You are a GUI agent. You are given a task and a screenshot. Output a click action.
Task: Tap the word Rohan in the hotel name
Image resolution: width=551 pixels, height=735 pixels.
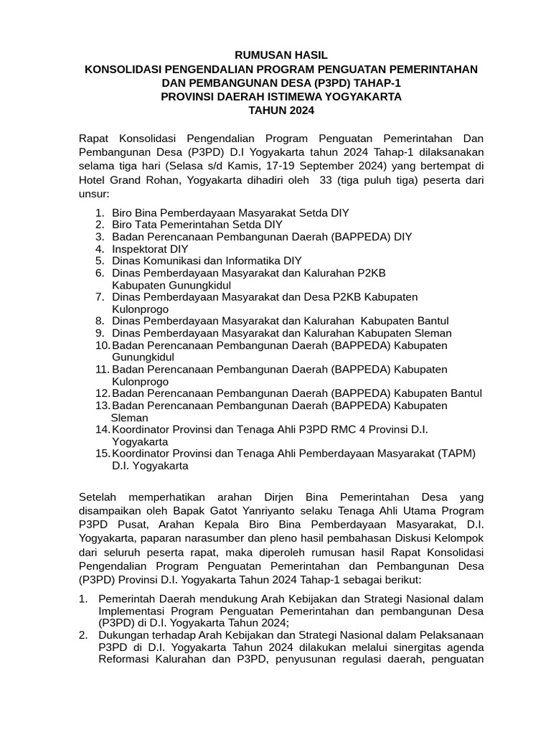tap(148, 180)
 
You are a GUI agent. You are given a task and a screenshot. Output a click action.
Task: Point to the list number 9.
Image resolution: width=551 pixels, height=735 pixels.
tap(99, 333)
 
